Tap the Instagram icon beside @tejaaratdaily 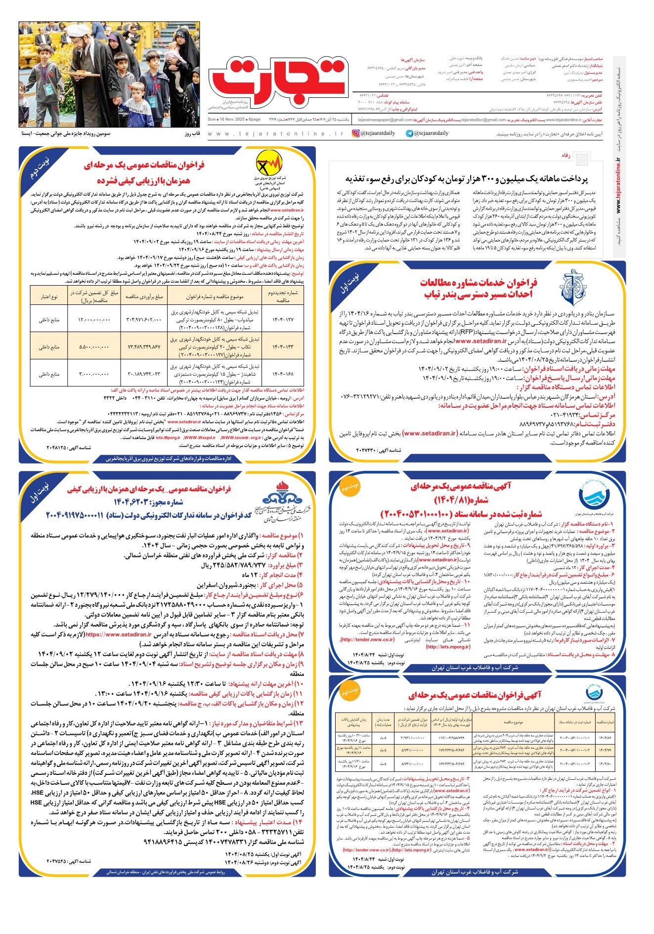[356, 133]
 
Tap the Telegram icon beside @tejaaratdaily [409, 133]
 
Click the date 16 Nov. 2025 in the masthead [228, 120]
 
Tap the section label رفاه [566, 155]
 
